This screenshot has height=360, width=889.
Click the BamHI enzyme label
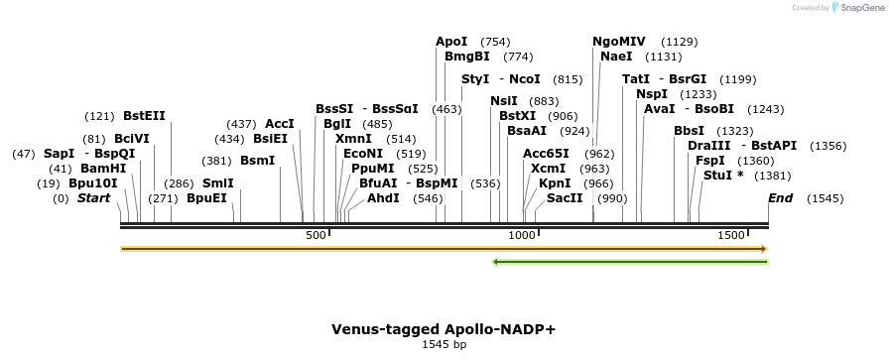[x=103, y=169]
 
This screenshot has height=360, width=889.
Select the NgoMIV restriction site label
[x=619, y=42]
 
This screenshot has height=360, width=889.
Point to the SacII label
[x=565, y=198]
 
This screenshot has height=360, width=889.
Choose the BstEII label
[x=144, y=116]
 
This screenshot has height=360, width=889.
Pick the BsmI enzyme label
[x=258, y=161]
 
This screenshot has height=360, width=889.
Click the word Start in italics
[x=93, y=198]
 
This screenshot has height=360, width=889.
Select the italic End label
[x=781, y=198]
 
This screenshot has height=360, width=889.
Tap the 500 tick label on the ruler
[x=316, y=235]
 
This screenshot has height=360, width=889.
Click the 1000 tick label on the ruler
[x=522, y=235]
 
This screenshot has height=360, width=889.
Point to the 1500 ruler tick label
[x=731, y=235]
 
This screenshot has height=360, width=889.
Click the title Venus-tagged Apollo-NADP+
[x=444, y=328]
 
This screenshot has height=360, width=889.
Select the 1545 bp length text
[x=444, y=345]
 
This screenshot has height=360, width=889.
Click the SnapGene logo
[x=854, y=8]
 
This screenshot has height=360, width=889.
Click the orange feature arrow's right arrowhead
[x=763, y=248]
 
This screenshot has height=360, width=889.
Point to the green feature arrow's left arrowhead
[x=496, y=262]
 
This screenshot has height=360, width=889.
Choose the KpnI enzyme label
[x=555, y=183]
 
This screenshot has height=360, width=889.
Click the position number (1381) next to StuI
[x=777, y=175]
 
